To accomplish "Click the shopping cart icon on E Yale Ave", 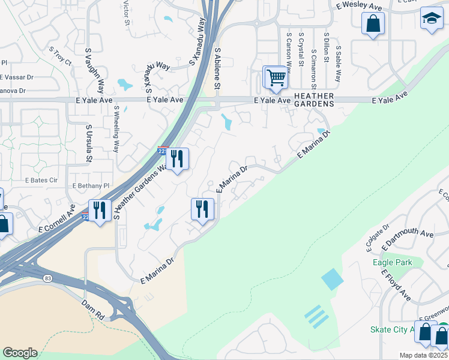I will coord(275,77).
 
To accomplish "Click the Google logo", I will coord(20,353).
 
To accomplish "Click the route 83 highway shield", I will coord(47,278).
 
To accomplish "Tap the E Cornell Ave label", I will coord(58,220).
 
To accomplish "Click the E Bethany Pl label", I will coord(91,186).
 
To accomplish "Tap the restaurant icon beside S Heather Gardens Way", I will coord(177,159).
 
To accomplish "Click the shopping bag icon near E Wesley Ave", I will coord(373,25).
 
